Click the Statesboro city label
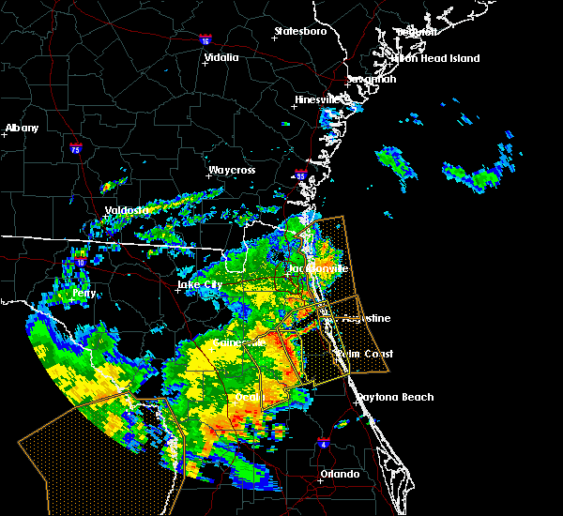coord(300,31)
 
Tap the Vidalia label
coord(221,57)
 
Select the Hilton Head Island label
coord(434,58)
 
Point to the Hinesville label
coord(319,99)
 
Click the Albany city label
coord(23,128)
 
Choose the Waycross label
coord(232,171)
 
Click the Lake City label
coord(202,284)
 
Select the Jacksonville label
coord(318,268)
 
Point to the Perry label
coord(84,293)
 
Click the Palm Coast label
coord(366,354)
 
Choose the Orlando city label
coord(339,474)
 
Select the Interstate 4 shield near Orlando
coord(323,441)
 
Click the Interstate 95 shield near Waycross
coord(301,175)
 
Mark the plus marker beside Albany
coord(5,135)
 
